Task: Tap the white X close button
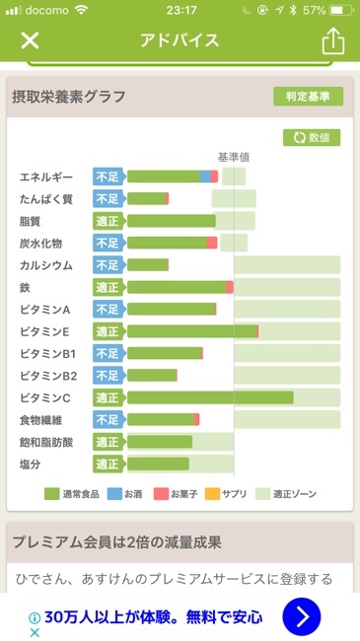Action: point(31,40)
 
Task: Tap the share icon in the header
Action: point(332,40)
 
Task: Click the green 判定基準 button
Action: point(308,97)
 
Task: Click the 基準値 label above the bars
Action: point(234,157)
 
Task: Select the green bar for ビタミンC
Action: point(210,397)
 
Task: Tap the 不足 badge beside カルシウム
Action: point(108,265)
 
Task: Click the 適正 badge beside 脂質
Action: point(108,221)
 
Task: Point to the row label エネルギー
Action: point(46,178)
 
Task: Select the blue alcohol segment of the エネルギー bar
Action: point(205,177)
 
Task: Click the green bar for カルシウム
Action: point(148,265)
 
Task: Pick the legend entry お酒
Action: point(125,493)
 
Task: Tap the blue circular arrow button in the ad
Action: point(302,617)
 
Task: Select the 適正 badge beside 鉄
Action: point(108,287)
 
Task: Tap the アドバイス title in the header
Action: point(180,40)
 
